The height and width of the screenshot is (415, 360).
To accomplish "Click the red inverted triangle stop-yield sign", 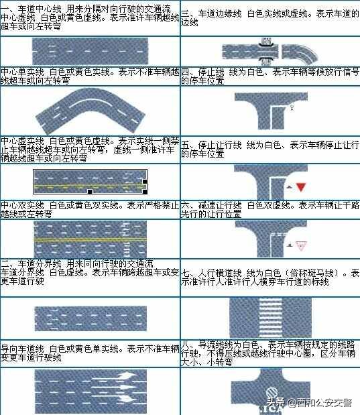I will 301,186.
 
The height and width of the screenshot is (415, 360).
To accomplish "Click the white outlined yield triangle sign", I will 301,245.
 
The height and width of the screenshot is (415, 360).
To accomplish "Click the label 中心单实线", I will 20,70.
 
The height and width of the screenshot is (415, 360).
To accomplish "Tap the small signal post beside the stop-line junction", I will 292,107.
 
